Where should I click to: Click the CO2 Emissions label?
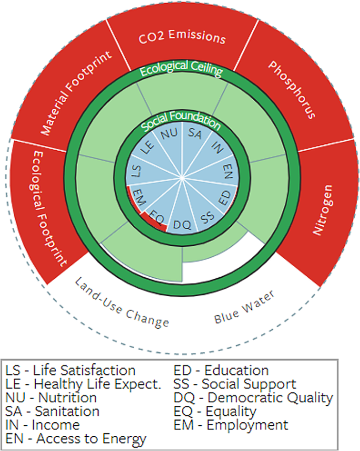click(x=182, y=38)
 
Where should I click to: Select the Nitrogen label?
click(x=321, y=209)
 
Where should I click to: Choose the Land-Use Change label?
click(x=121, y=301)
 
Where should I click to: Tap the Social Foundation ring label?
click(x=181, y=123)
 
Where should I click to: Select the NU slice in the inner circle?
click(x=169, y=134)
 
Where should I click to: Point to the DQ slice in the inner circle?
click(x=182, y=225)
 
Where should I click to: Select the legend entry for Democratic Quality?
click(x=253, y=397)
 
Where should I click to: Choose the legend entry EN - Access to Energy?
click(x=76, y=438)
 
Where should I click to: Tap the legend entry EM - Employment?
click(x=231, y=425)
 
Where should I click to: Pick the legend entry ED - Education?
click(x=221, y=370)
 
